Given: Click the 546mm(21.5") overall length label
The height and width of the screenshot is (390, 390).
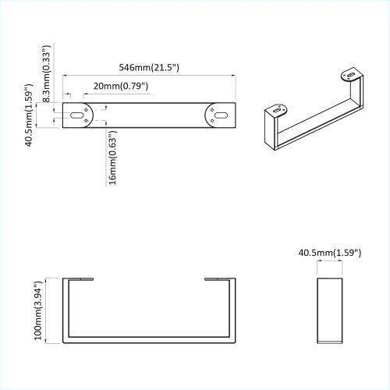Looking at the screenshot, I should (x=147, y=68).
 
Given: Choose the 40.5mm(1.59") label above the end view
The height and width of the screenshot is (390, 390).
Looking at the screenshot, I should (x=328, y=253).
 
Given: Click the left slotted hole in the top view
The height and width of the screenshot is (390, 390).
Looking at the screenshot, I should (x=77, y=114).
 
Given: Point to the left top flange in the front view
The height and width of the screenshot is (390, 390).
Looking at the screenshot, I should (x=79, y=278).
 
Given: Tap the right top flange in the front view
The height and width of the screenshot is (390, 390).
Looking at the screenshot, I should (x=219, y=278).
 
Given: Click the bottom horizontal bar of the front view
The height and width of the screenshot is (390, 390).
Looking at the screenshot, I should (x=149, y=340).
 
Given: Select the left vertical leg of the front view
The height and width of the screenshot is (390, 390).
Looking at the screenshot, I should (x=64, y=310).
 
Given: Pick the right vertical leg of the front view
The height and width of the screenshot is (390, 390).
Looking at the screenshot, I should (x=234, y=310).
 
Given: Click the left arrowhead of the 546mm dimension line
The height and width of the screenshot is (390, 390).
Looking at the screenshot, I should (x=65, y=75).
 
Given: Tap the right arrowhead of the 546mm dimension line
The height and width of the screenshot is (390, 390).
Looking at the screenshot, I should (x=234, y=75).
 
